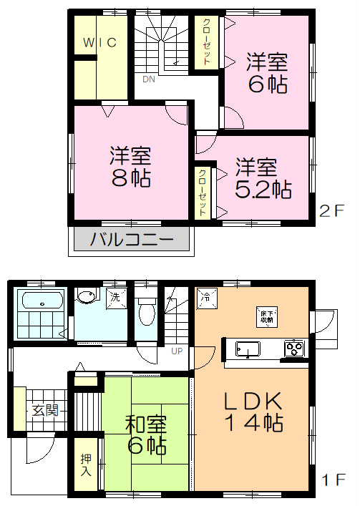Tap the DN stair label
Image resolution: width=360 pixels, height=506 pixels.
[149, 79]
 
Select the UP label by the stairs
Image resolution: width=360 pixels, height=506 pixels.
[176, 351]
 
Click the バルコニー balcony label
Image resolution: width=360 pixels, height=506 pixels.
[131, 240]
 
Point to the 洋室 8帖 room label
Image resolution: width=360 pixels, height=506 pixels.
[130, 166]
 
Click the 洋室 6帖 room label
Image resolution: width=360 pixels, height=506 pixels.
[268, 72]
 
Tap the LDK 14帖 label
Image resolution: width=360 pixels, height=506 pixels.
[254, 410]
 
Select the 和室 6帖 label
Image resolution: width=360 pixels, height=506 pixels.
[146, 434]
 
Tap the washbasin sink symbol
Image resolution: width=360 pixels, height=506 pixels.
[88, 296]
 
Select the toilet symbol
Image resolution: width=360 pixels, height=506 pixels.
[146, 311]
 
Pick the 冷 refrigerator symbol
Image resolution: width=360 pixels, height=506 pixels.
[205, 296]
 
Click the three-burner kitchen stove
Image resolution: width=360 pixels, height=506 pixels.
[293, 348]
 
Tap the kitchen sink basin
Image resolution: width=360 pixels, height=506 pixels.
[247, 348]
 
